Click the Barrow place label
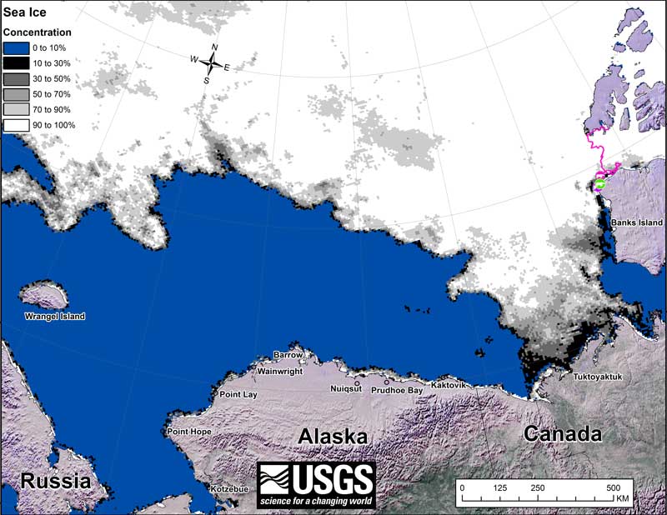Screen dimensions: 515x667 coord(288,354)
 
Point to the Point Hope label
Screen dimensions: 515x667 coord(189,432)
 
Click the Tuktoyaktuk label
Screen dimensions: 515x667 coord(598,377)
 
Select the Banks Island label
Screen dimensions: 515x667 coord(636,223)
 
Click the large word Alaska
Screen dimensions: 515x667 coord(333,437)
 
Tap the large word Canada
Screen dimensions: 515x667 coord(563,434)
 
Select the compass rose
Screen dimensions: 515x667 coord(214,63)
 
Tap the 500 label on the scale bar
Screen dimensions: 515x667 coord(613,487)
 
